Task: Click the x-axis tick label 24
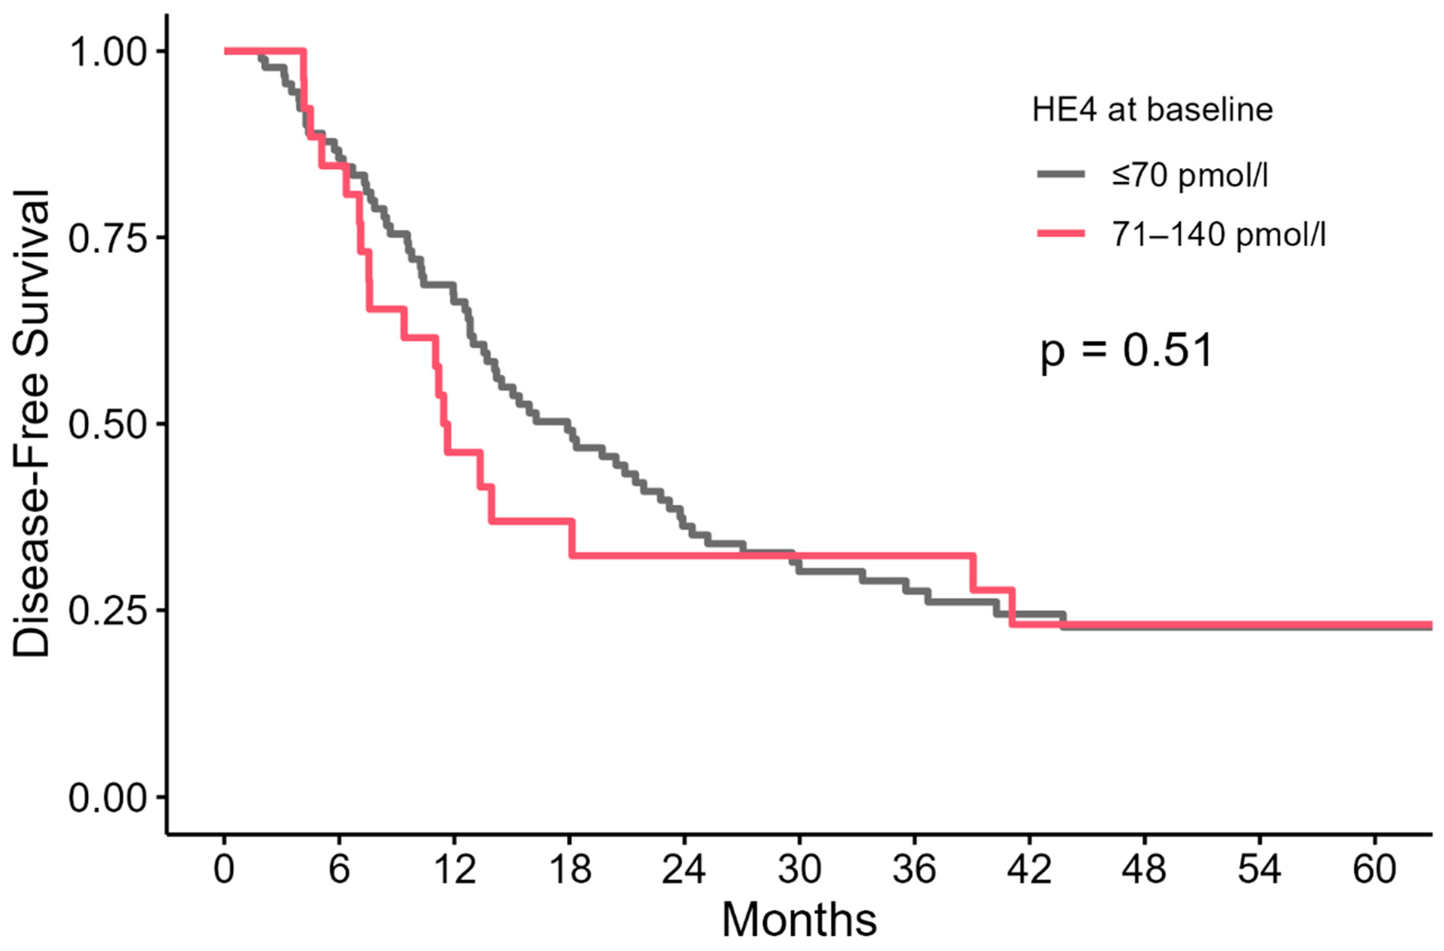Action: (684, 869)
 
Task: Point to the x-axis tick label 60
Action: (1374, 869)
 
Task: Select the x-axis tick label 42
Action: (1029, 869)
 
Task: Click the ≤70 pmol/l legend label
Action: (1190, 175)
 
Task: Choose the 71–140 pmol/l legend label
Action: (1218, 234)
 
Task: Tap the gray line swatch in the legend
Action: (1061, 175)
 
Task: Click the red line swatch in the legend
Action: (1061, 233)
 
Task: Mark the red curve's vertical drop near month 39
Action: (973, 572)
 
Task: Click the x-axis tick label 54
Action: (1259, 869)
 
